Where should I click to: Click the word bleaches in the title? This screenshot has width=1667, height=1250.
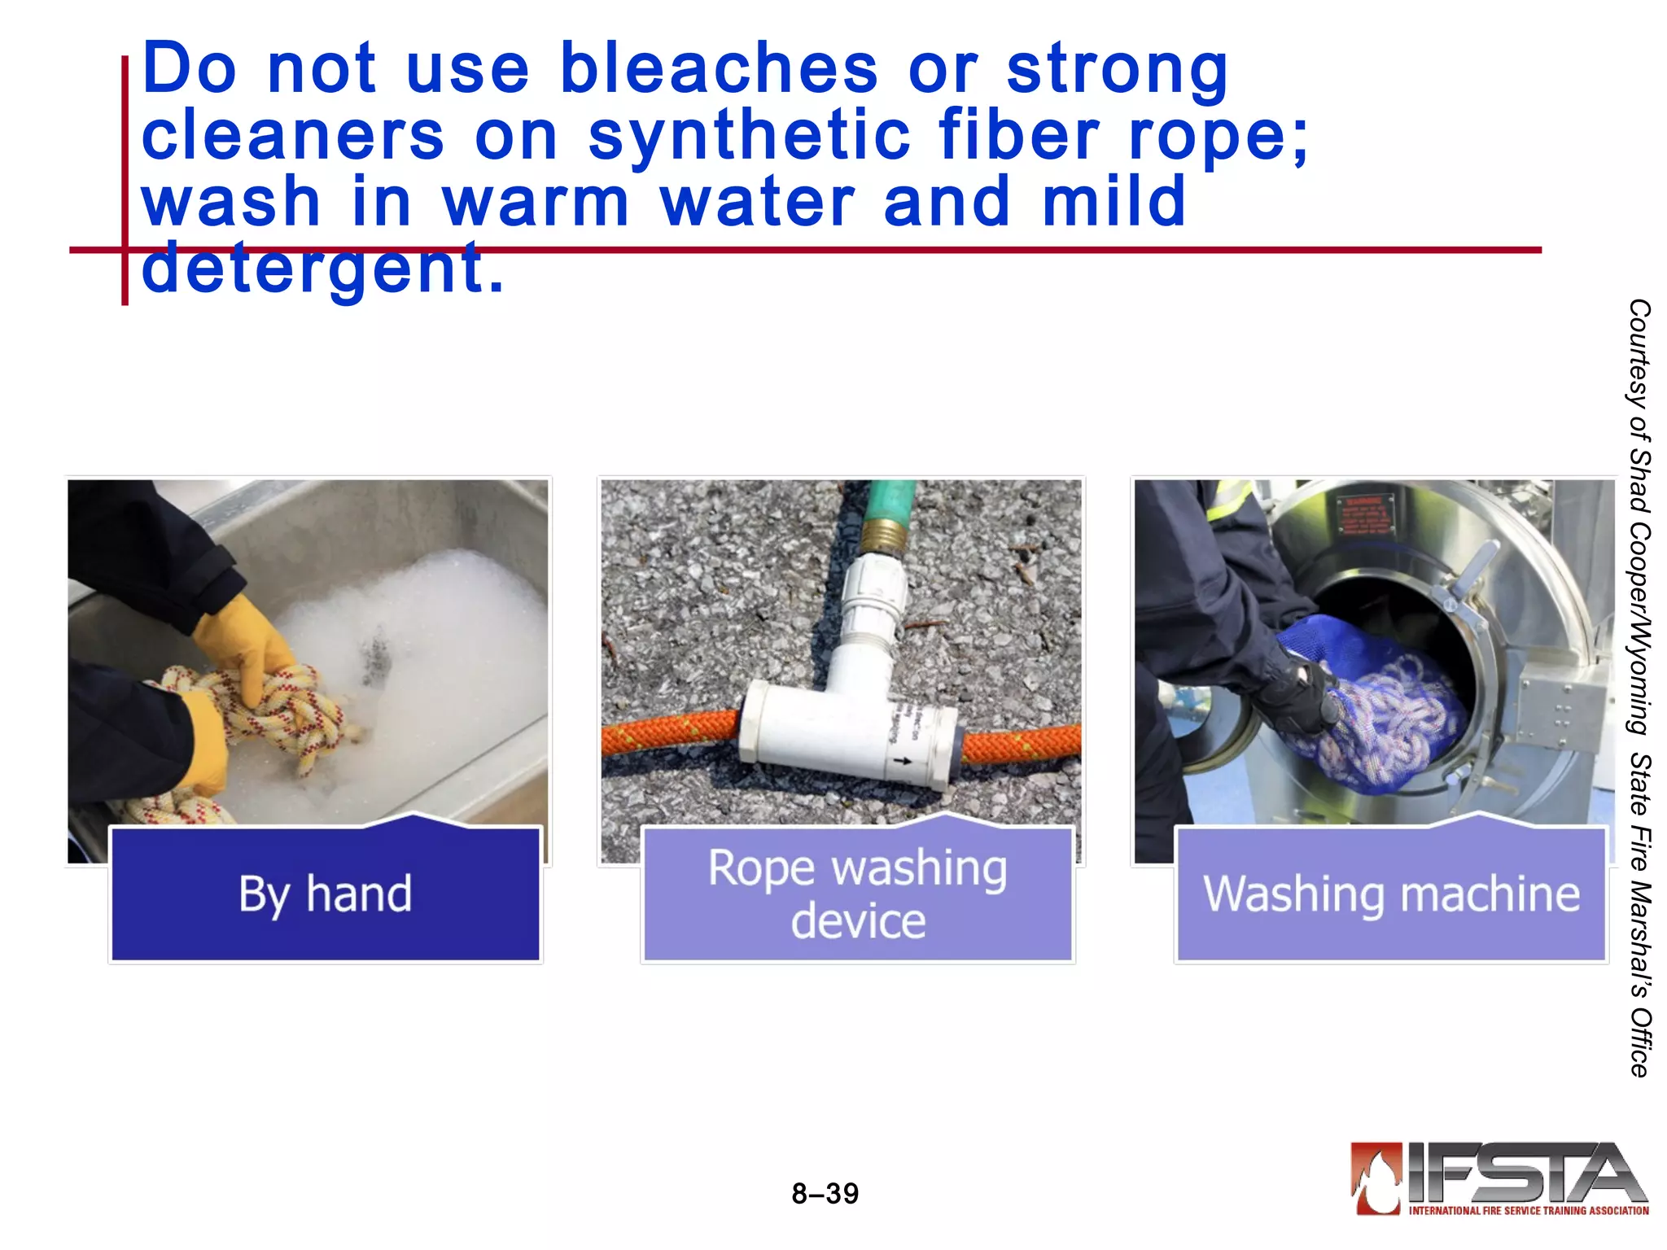719,68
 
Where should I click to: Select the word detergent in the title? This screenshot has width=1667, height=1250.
322,269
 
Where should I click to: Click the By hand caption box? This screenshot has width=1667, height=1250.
325,894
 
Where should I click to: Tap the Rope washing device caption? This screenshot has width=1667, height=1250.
857,894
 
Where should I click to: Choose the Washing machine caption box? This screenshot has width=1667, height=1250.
1391,894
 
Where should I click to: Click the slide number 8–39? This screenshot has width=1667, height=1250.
825,1194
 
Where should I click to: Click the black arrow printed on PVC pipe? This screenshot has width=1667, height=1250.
903,761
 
